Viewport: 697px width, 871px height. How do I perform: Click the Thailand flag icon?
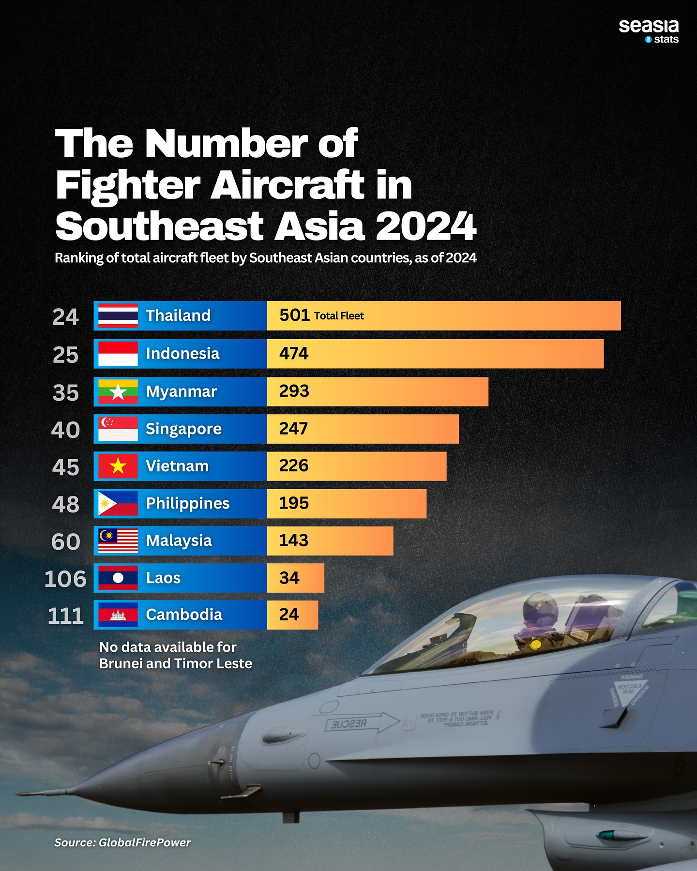(118, 316)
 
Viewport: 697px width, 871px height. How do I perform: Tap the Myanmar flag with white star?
(118, 392)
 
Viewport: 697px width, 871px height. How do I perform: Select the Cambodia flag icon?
(118, 615)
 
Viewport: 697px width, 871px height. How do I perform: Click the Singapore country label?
(183, 429)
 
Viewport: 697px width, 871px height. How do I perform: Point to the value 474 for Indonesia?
(293, 354)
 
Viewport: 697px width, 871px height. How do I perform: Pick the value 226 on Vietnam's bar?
(293, 466)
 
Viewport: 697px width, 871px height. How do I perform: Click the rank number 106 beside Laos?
(65, 579)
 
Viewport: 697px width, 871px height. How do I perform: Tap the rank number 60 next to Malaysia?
(66, 541)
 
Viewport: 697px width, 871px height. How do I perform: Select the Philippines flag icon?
(118, 504)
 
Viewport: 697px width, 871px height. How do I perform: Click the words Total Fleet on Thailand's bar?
(339, 316)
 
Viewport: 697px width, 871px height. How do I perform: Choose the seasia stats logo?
(649, 31)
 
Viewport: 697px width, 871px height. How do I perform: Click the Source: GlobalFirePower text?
(122, 842)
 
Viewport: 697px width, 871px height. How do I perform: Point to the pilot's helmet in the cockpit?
(540, 608)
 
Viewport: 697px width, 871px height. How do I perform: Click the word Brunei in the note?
(121, 663)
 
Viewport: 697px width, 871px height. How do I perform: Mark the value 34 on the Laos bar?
(289, 578)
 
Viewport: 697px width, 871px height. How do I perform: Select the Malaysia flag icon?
(118, 541)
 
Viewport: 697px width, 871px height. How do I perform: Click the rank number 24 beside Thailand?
(65, 317)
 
